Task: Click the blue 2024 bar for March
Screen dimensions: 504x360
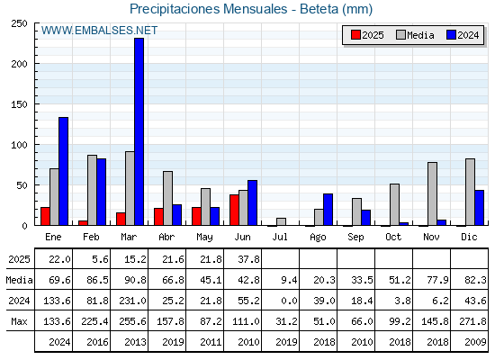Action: pos(139,131)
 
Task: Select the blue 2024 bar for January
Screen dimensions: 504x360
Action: pos(63,171)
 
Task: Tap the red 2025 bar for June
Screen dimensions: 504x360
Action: pos(234,210)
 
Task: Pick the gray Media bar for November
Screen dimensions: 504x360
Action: pos(432,193)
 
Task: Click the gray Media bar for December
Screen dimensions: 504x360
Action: pos(470,192)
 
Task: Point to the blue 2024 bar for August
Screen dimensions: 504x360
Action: pos(328,210)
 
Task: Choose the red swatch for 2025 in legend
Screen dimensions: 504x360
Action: pos(355,35)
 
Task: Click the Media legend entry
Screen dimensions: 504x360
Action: pos(415,35)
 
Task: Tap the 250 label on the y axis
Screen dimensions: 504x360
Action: pos(20,23)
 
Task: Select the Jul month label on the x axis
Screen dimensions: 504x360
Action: pos(280,237)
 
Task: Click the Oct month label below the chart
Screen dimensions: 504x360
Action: pos(393,237)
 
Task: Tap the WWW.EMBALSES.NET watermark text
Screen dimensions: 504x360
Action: pos(99,31)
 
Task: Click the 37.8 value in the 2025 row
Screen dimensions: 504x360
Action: pos(248,259)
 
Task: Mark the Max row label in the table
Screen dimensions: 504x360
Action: pos(19,321)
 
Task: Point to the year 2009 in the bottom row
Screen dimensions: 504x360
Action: pos(475,342)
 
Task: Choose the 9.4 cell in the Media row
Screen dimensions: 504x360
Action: pos(289,280)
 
